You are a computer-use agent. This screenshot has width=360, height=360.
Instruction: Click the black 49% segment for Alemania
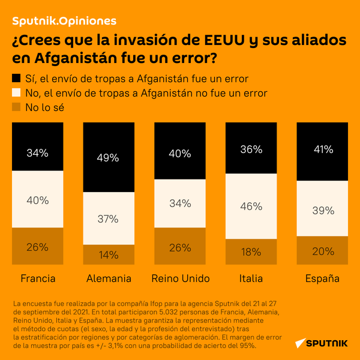(x=108, y=157)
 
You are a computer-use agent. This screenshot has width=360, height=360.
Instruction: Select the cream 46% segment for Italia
(x=250, y=206)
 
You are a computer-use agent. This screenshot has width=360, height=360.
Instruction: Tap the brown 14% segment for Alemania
(x=108, y=254)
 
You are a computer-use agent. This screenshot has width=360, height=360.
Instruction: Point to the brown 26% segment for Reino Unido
(x=179, y=246)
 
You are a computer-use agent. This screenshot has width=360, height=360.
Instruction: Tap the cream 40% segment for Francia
(x=37, y=200)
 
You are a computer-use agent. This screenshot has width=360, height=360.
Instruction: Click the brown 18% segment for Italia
(x=250, y=251)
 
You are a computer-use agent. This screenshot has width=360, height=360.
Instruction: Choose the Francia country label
(x=38, y=278)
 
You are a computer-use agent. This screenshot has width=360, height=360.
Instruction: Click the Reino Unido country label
(x=180, y=278)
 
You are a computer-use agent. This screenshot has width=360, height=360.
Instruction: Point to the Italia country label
(x=251, y=278)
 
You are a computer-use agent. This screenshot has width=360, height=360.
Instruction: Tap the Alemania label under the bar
(x=109, y=278)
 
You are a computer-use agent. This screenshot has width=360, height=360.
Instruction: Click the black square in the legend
(x=16, y=78)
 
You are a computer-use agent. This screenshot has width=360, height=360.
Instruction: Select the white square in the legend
(x=16, y=93)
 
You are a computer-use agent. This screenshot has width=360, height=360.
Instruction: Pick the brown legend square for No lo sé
(x=16, y=107)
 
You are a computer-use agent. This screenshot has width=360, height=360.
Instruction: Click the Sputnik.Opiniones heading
(x=64, y=21)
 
